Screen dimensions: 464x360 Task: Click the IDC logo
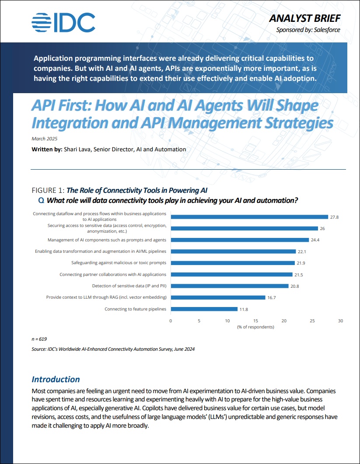(63, 22)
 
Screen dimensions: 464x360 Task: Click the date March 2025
(45, 139)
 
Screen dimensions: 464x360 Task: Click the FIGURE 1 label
(48, 190)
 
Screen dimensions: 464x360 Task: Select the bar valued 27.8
(249, 216)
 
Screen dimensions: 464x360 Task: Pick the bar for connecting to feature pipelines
(204, 309)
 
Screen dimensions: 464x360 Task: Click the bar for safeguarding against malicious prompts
(232, 263)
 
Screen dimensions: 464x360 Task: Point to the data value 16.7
(273, 297)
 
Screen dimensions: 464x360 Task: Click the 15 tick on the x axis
(255, 321)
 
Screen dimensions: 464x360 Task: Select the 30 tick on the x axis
(340, 321)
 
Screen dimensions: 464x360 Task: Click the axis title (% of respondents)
(255, 327)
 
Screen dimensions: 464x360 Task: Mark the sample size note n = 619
(39, 338)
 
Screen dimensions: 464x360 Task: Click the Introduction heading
(56, 379)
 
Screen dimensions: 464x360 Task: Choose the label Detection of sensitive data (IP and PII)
(129, 286)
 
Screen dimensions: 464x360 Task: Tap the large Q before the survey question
(42, 200)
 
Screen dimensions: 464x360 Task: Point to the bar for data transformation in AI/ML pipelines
(233, 251)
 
